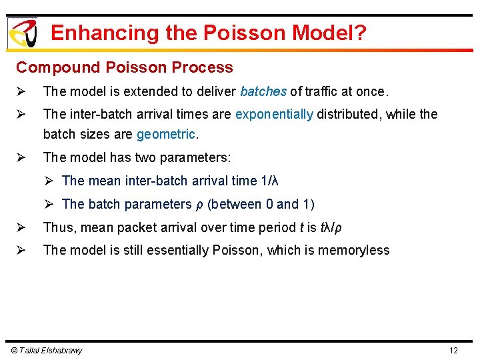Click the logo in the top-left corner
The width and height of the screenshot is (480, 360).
click(22, 32)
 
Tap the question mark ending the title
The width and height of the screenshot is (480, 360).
click(360, 33)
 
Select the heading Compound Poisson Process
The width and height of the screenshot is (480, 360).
click(125, 67)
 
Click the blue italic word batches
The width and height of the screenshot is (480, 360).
click(263, 91)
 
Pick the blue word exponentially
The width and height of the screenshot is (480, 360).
click(274, 114)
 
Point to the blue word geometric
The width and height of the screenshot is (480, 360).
click(166, 134)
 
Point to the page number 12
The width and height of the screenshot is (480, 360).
click(453, 351)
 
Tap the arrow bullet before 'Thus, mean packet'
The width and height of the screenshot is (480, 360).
click(21, 227)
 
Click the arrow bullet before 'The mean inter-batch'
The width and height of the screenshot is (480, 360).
click(49, 181)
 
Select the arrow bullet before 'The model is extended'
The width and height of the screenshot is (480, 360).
click(21, 91)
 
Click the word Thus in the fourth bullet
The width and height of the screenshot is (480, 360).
click(57, 227)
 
